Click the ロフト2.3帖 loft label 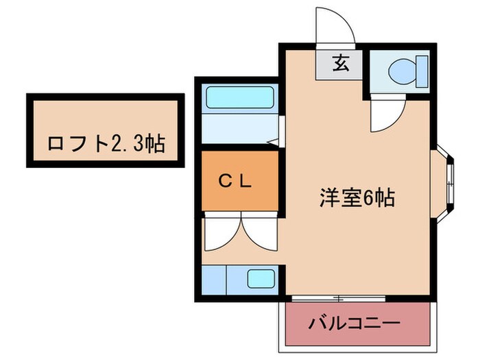pyautogui.click(x=106, y=144)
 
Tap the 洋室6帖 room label pyautogui.click(x=356, y=197)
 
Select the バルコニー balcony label pyautogui.click(x=354, y=322)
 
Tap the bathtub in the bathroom pyautogui.click(x=239, y=97)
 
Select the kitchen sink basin pyautogui.click(x=260, y=279)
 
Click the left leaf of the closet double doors pyautogui.click(x=223, y=233)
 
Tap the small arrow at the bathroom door pyautogui.click(x=272, y=142)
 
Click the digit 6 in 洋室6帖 pyautogui.click(x=369, y=198)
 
